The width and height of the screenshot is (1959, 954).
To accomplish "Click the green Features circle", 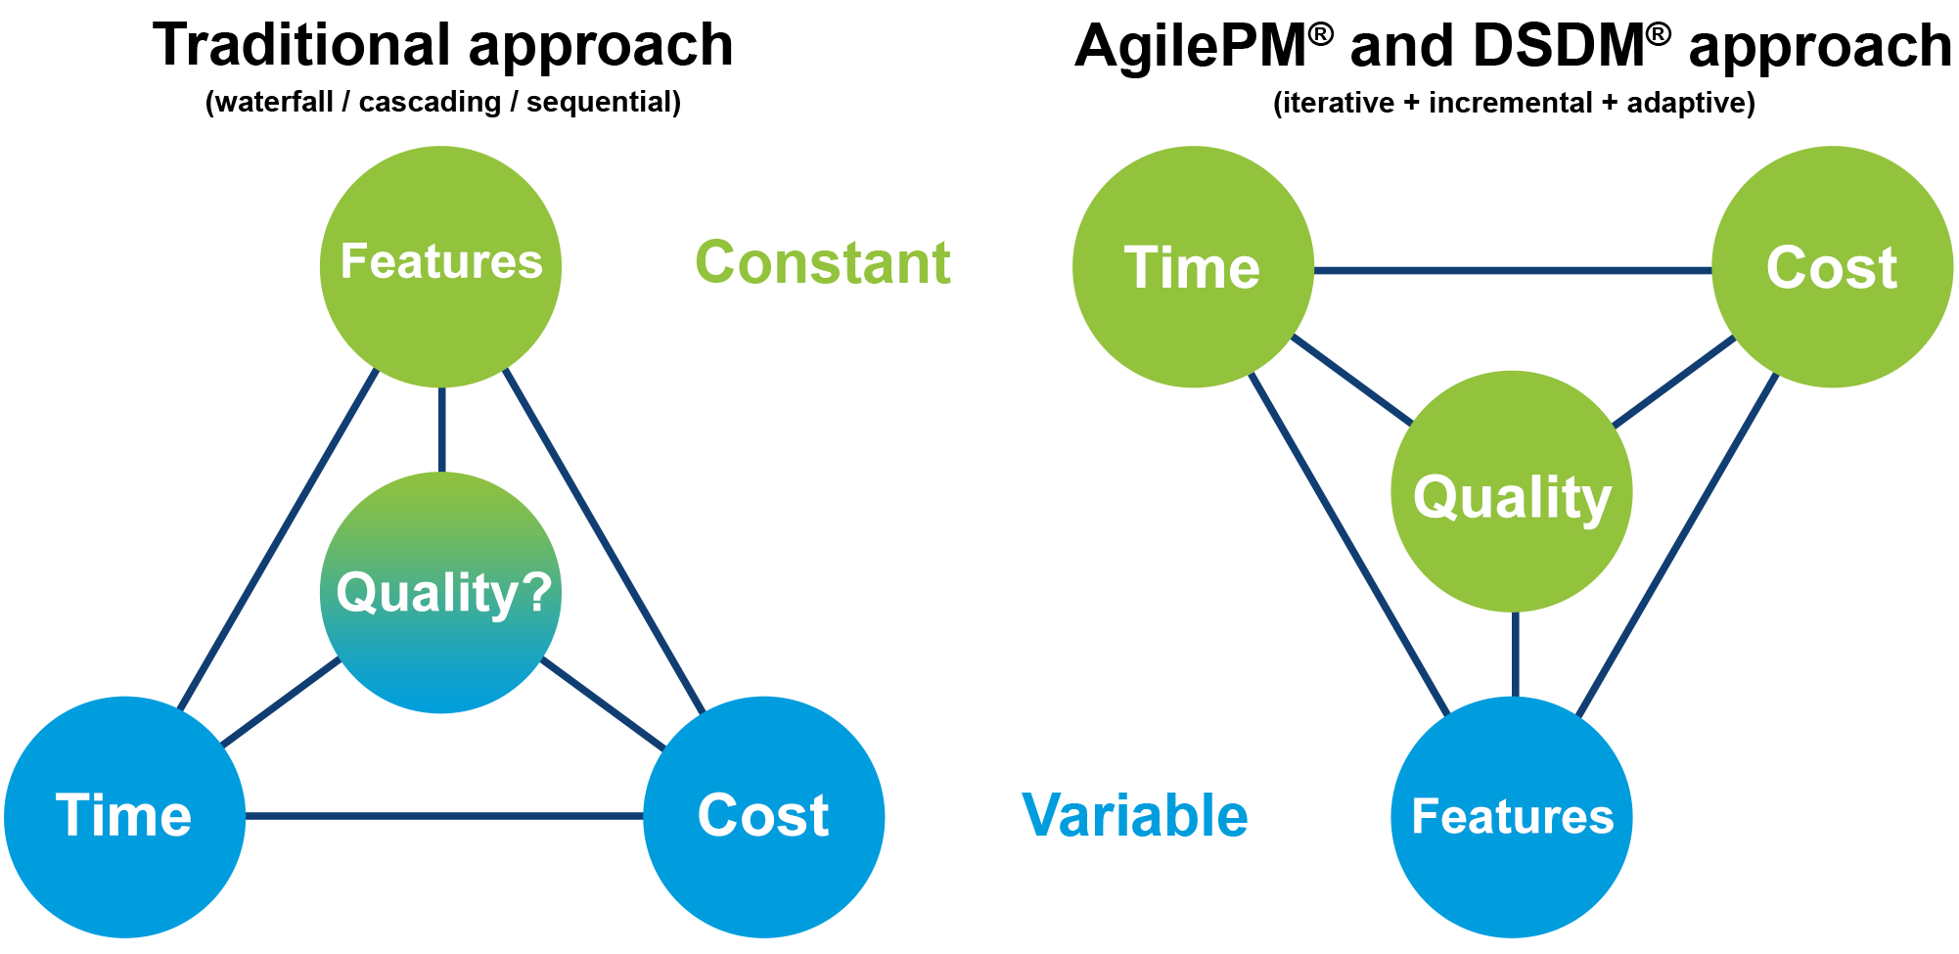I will (440, 266).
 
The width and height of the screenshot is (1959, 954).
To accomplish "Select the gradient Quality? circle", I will (440, 592).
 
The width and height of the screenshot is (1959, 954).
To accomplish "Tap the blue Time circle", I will (124, 817).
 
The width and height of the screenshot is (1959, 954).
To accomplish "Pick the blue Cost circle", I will (763, 817).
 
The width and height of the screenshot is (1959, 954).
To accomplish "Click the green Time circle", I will (1193, 267).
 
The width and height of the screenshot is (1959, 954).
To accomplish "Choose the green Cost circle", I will (1832, 267).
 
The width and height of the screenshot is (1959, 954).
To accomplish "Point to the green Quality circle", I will (1512, 491).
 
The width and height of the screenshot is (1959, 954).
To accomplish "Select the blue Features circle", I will (1512, 817).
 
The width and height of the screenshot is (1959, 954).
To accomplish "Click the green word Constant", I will (822, 262).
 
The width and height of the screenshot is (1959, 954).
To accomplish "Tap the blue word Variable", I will (1135, 815).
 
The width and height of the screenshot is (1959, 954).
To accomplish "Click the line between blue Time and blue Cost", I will (443, 815).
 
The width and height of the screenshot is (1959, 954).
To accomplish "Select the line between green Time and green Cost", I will (1512, 270).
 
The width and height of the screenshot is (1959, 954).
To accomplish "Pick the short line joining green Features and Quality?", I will (441, 430).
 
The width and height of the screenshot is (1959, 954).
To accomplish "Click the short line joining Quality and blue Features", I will (1515, 654).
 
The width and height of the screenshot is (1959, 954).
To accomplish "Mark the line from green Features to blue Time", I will (279, 539).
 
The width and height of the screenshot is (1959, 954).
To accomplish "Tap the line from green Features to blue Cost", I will (604, 541).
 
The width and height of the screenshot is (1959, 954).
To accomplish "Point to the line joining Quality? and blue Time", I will (282, 703).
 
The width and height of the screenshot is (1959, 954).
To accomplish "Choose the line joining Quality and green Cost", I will (1674, 382).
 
